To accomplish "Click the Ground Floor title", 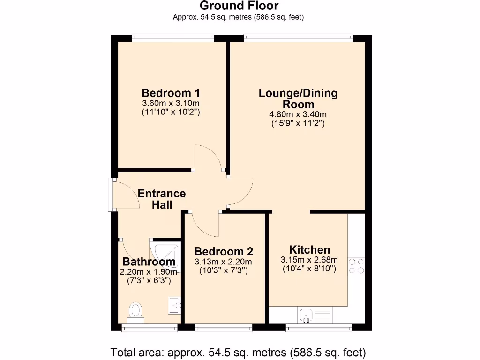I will (x=239, y=6).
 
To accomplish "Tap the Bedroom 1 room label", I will (x=171, y=92).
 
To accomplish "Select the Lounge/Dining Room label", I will (x=298, y=98).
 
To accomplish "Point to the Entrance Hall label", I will (x=162, y=199).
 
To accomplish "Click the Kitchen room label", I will (x=309, y=249).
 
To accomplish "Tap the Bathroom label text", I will (x=149, y=262).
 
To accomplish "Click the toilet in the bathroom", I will (x=135, y=311).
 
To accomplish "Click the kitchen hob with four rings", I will (x=356, y=266).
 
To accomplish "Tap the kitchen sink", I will (x=307, y=315).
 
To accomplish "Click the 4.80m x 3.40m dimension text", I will (x=298, y=114).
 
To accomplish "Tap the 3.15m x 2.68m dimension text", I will (x=308, y=260).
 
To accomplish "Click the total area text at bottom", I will (x=238, y=352).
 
